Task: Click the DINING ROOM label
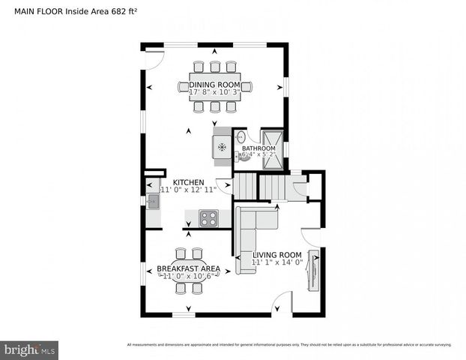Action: click(214, 85)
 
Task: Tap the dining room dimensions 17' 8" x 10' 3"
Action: click(214, 93)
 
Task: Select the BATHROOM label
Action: click(258, 148)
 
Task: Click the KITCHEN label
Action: click(188, 182)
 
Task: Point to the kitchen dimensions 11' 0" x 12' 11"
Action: click(188, 190)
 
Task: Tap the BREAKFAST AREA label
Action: click(188, 268)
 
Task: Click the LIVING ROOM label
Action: click(276, 254)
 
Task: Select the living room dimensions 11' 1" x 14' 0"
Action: click(276, 262)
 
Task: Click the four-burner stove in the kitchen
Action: click(208, 218)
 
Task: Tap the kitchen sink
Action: click(152, 201)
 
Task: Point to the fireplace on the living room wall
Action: click(315, 269)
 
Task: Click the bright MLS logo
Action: click(30, 349)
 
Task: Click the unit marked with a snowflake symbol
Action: click(222, 148)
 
